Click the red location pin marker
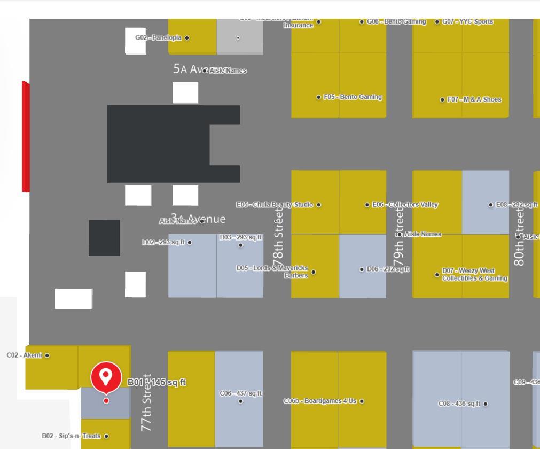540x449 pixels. (x=106, y=377)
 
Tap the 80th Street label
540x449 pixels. (x=519, y=235)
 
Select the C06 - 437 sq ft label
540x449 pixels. (x=241, y=393)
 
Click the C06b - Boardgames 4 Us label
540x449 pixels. (x=320, y=401)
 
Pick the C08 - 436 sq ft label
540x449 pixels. (x=459, y=404)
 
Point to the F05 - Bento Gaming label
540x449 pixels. (x=353, y=97)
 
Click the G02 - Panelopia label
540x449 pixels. (x=158, y=37)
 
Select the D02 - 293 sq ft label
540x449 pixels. (x=163, y=242)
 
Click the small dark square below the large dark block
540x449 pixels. (x=104, y=238)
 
